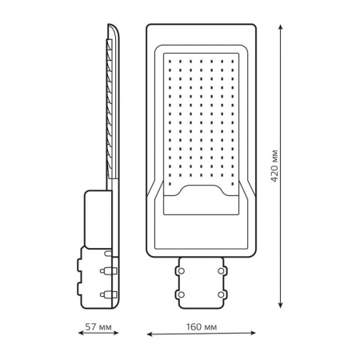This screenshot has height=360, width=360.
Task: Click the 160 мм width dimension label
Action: pyautogui.click(x=202, y=326)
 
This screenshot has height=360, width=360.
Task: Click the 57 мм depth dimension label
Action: pyautogui.click(x=98, y=326)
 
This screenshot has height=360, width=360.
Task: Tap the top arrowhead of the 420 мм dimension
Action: pyautogui.click(x=280, y=27)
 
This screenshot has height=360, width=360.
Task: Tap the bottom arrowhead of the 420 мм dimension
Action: pyautogui.click(x=280, y=305)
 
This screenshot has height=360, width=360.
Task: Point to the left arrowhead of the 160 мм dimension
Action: pyautogui.click(x=150, y=334)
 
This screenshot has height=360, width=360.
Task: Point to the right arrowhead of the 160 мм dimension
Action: pyautogui.click(x=253, y=333)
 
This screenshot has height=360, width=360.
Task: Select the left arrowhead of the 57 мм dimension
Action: pyautogui.click(x=81, y=333)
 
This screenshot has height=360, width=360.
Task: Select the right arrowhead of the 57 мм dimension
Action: pyautogui.click(x=115, y=333)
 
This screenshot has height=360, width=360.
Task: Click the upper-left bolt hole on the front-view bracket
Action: pyautogui.click(x=181, y=271)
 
